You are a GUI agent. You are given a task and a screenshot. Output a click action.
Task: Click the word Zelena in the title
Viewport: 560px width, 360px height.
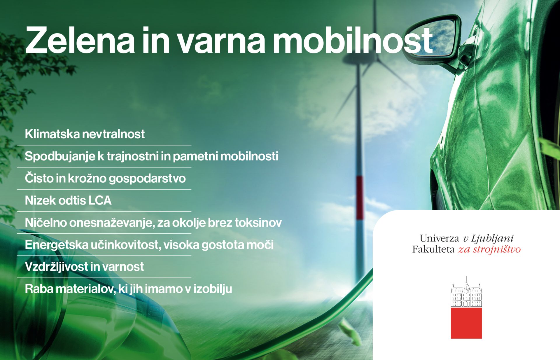point(80,40)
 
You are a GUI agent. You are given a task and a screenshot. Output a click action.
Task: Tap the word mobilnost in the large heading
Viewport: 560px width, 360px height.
point(353,40)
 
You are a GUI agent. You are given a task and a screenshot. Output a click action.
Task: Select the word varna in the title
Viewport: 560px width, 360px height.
point(221,43)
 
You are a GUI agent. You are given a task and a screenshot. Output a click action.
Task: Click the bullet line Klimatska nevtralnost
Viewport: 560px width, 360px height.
point(85,134)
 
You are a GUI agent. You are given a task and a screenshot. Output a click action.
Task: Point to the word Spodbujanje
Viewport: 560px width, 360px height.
point(60,156)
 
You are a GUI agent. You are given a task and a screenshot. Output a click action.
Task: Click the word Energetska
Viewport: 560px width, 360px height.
point(57,245)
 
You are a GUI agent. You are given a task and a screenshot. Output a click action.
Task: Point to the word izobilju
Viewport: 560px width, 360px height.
point(213,289)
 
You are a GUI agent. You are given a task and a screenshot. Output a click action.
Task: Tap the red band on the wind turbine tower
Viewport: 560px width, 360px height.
point(360,198)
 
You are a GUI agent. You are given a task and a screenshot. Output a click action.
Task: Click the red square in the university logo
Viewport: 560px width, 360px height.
point(466,323)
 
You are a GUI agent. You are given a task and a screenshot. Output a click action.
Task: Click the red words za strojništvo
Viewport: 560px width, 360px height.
point(489,249)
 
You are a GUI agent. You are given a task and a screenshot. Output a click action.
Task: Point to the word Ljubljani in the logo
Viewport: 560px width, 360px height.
point(492,239)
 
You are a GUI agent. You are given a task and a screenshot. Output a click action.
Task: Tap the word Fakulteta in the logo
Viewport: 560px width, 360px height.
point(433,249)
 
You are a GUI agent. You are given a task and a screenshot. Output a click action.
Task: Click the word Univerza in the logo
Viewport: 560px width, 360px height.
point(439,238)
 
